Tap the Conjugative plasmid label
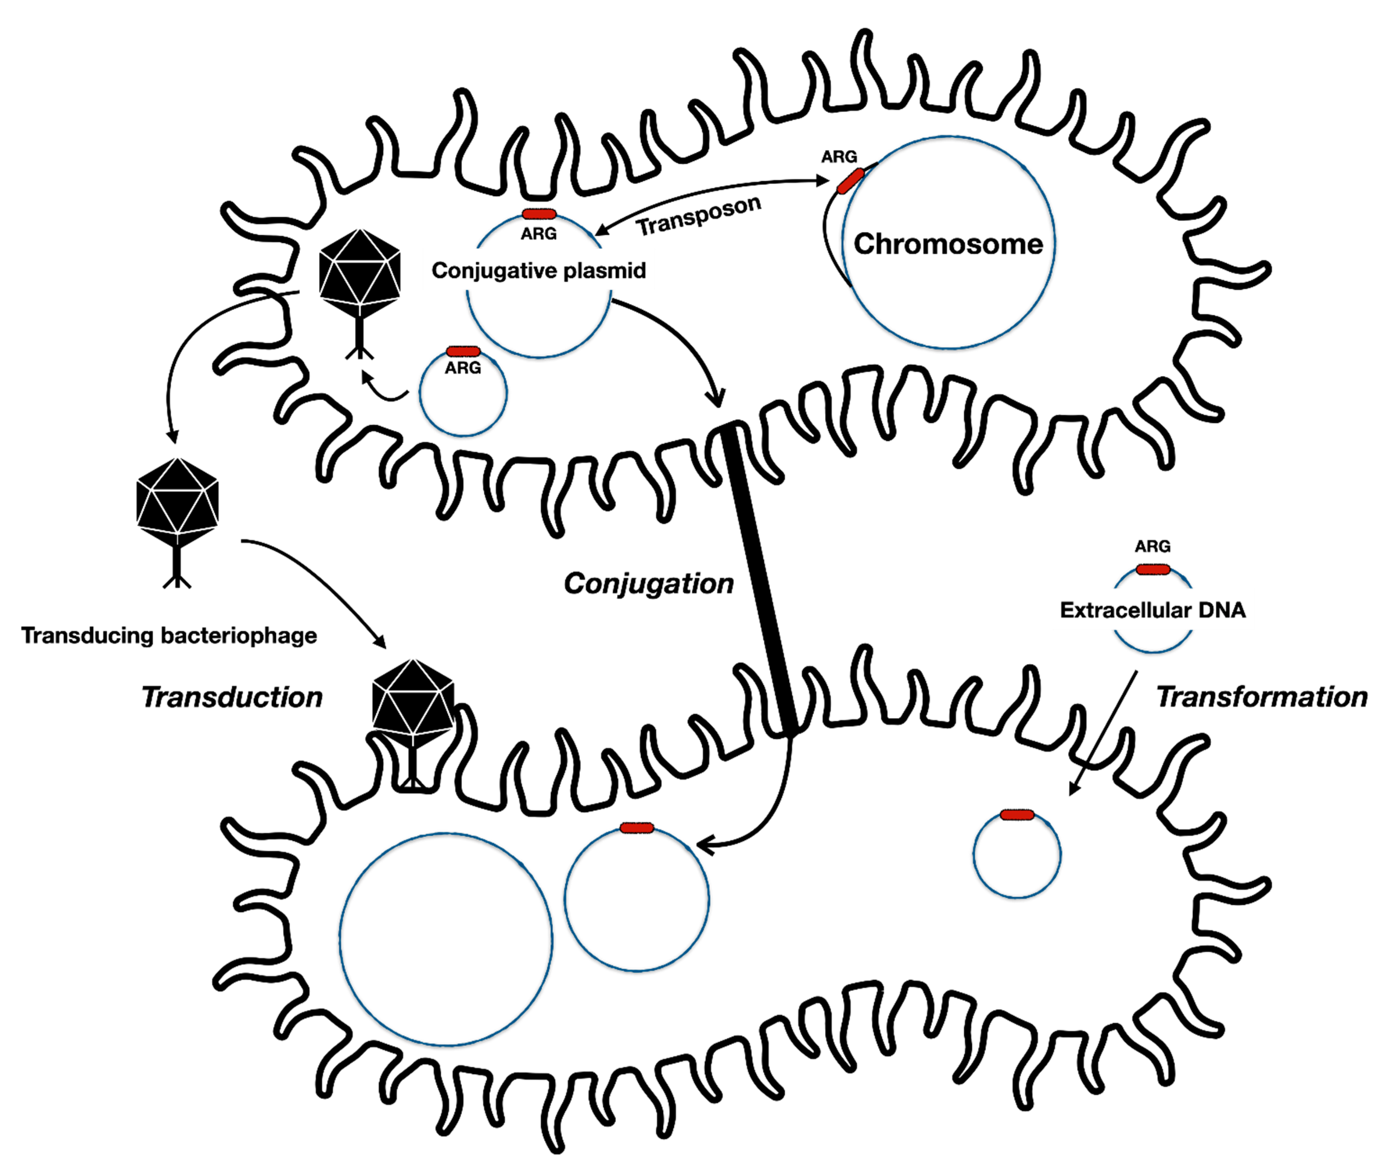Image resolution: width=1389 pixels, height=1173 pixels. pyautogui.click(x=539, y=271)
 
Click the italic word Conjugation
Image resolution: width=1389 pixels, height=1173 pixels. pyautogui.click(x=648, y=583)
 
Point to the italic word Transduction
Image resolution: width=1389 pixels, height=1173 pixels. pyautogui.click(x=232, y=697)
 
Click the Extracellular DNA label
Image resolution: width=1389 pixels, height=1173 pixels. pyautogui.click(x=1152, y=610)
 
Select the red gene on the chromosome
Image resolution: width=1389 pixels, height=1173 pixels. pyautogui.click(x=850, y=181)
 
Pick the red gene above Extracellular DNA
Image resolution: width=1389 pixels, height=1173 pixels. pyautogui.click(x=1152, y=569)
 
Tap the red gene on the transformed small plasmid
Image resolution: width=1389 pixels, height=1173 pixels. pyautogui.click(x=1017, y=815)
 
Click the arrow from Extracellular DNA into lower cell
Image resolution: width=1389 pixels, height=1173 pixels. pyautogui.click(x=1104, y=731)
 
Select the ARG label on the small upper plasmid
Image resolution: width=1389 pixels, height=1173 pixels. pyautogui.click(x=463, y=368)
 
